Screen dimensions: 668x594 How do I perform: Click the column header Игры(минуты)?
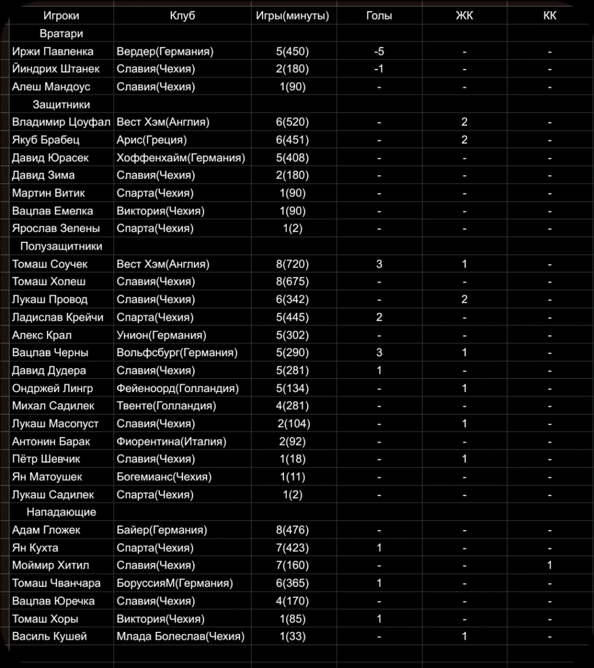pyautogui.click(x=292, y=16)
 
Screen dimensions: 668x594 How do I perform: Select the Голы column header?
pyautogui.click(x=379, y=16)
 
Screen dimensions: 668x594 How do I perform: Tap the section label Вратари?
pyautogui.click(x=61, y=33)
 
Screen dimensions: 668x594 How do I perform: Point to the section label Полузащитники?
pyautogui.click(x=61, y=246)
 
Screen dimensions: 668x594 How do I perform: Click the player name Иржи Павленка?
pyautogui.click(x=52, y=51)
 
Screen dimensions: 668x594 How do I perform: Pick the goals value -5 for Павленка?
pyautogui.click(x=379, y=51)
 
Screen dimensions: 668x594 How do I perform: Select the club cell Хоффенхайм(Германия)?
pyautogui.click(x=181, y=158)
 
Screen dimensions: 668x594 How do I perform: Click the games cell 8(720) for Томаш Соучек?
pyautogui.click(x=292, y=264)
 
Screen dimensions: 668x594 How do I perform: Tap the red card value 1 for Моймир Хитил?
pyautogui.click(x=549, y=565)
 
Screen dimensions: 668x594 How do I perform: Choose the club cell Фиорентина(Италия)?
pyautogui.click(x=171, y=441)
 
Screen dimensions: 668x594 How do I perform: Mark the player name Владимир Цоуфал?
pyautogui.click(x=61, y=122)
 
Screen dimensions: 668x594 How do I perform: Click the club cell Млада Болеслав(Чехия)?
pyautogui.click(x=180, y=636)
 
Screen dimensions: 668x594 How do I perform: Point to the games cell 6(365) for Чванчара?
pyautogui.click(x=292, y=583)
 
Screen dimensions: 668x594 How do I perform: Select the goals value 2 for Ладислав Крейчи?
pyautogui.click(x=379, y=317)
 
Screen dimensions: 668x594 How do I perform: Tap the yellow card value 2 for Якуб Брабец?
pyautogui.click(x=464, y=140)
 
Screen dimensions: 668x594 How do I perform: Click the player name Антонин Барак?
pyautogui.click(x=51, y=441)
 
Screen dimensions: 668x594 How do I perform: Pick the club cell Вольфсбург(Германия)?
pyautogui.click(x=177, y=353)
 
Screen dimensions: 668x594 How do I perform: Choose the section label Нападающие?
pyautogui.click(x=61, y=512)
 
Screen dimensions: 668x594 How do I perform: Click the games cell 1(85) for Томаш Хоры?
pyautogui.click(x=292, y=619)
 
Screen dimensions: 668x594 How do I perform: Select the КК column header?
pyautogui.click(x=549, y=16)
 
